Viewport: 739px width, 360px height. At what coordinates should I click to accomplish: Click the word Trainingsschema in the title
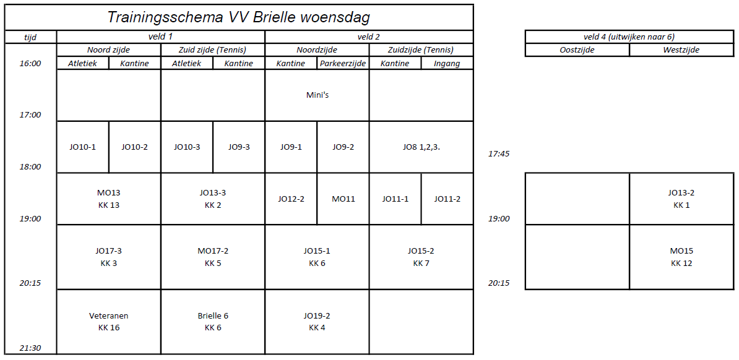[x=166, y=17]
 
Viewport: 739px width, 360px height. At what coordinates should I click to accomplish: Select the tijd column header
[x=30, y=37]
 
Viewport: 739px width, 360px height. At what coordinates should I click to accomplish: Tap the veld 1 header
[x=161, y=36]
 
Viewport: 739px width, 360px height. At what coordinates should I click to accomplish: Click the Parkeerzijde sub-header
[x=343, y=64]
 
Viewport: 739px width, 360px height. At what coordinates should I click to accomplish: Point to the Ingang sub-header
[x=447, y=64]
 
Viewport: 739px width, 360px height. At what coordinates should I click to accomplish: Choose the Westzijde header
[x=681, y=50]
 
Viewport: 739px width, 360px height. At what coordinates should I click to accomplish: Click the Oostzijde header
[x=577, y=50]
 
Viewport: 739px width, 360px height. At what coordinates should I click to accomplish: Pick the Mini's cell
[x=317, y=95]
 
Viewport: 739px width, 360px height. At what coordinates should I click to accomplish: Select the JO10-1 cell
[x=82, y=147]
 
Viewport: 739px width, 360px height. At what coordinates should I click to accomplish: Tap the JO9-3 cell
[x=239, y=147]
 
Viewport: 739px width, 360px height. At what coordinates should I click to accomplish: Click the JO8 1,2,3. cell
[x=421, y=147]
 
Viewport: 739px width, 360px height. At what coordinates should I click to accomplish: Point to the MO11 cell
[x=343, y=199]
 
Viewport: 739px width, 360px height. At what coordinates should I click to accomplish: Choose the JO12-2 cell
[x=291, y=199]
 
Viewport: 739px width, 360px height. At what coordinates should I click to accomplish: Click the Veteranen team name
[x=108, y=315]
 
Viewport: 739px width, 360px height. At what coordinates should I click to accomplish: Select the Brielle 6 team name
[x=213, y=315]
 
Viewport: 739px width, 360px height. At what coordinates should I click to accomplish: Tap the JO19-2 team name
[x=317, y=315]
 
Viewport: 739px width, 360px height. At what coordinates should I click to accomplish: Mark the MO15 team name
[x=681, y=251]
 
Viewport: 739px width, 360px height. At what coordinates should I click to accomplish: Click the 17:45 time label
[x=499, y=153]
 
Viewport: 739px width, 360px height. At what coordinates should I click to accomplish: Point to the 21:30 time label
[x=30, y=348]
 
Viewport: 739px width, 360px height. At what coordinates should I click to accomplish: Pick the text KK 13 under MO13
[x=109, y=205]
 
